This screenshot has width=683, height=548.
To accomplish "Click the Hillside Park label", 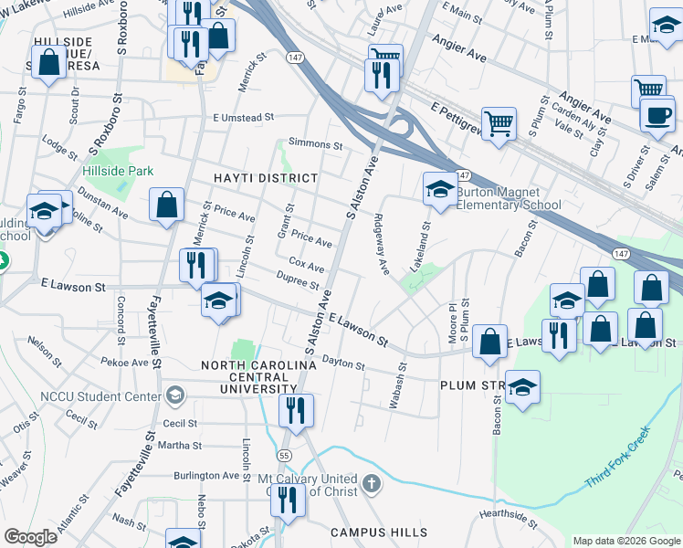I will tap(118, 171).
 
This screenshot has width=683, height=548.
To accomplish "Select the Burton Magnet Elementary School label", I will tap(509, 199).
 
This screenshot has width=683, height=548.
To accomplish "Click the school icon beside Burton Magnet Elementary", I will tap(439, 190).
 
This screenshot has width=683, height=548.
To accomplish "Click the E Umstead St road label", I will tap(244, 118).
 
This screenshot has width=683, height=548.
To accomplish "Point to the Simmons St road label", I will tap(315, 144).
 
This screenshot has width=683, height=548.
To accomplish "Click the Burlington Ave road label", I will tap(209, 476).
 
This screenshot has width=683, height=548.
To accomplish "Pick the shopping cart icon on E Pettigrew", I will tap(499, 121).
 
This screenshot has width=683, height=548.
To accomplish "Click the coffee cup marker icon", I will tap(657, 113).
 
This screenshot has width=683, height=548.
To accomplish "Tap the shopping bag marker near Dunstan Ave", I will tap(167, 205).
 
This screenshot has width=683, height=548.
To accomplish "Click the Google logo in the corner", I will tap(30, 537).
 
